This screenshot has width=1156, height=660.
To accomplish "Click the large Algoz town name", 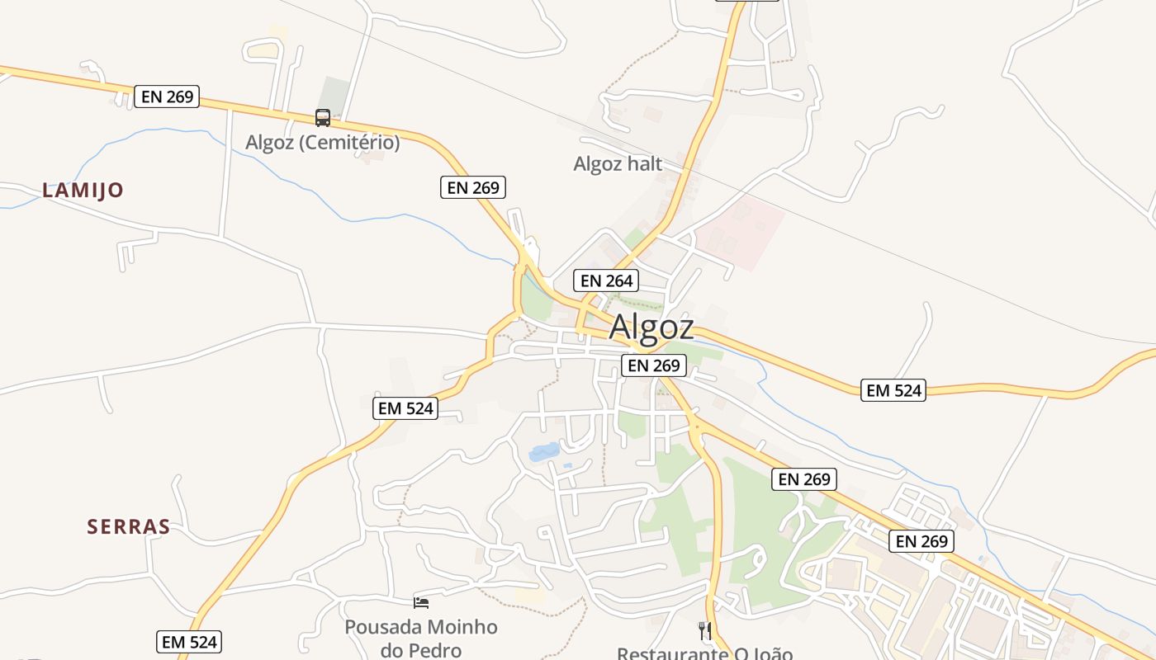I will [x=651, y=328].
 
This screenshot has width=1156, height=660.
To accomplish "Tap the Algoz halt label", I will [x=618, y=164].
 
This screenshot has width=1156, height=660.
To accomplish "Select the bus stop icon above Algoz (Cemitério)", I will [x=322, y=118].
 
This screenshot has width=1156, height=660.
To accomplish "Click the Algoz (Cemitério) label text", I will [x=322, y=143].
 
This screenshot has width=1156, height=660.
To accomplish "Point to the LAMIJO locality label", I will [x=83, y=191].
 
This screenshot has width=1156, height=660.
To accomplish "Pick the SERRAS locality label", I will [x=129, y=527].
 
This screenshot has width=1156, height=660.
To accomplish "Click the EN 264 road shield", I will [x=606, y=280].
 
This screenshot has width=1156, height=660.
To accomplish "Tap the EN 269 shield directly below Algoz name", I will [x=653, y=365].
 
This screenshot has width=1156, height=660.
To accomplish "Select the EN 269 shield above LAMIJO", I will [x=167, y=97].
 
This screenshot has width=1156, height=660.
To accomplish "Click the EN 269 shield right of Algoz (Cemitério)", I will [x=472, y=187].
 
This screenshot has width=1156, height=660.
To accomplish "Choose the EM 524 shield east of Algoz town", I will [x=893, y=390].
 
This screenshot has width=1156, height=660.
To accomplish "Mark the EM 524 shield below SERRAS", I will [x=189, y=641].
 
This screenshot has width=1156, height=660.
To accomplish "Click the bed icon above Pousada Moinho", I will [x=421, y=603].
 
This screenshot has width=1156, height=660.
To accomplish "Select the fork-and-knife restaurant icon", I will [x=704, y=631].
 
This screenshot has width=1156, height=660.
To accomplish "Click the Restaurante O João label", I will [x=704, y=653].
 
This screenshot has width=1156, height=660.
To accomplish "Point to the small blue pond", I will [x=544, y=451].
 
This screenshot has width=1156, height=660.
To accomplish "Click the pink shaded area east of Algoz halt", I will [x=743, y=231].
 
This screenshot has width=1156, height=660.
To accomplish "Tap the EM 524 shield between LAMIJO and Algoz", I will [x=405, y=408].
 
